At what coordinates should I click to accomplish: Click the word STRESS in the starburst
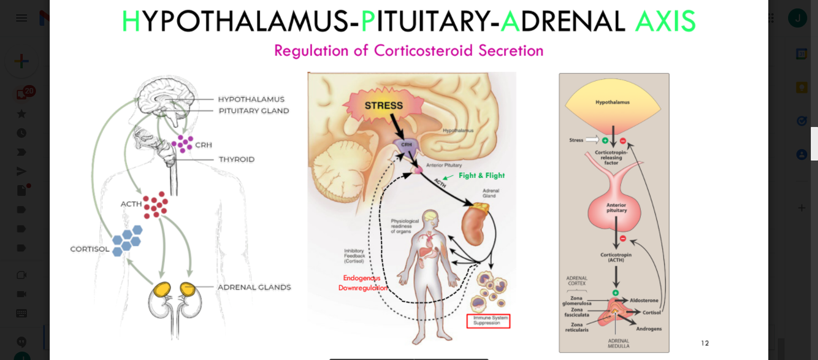[x=384, y=105]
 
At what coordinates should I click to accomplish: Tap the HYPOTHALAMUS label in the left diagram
[x=251, y=99]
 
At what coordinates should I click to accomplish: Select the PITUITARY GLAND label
[x=254, y=111]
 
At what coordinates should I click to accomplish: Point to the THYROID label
[x=237, y=159]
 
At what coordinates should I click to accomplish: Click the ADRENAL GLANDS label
[x=254, y=287]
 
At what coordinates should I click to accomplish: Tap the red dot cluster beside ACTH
[x=156, y=204]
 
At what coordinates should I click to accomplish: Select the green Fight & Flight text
[x=481, y=175]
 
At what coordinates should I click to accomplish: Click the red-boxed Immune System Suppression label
[x=488, y=321]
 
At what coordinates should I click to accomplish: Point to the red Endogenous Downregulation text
[x=362, y=283]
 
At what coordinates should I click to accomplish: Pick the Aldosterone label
[x=644, y=301]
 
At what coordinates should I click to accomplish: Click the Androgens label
[x=649, y=329]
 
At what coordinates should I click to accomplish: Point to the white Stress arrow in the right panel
[x=591, y=140]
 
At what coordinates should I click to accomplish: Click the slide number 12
[x=705, y=343]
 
